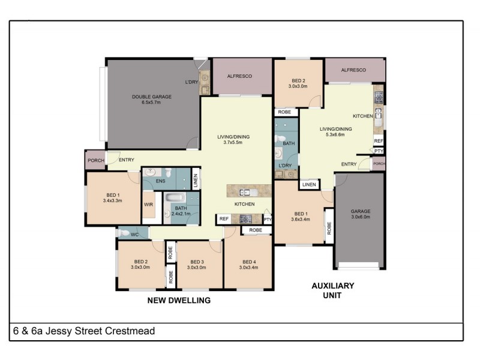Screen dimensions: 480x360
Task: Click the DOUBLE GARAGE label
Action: [x=152, y=97]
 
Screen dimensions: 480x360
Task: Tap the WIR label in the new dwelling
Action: [x=148, y=205]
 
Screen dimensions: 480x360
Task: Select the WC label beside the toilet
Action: [x=134, y=235]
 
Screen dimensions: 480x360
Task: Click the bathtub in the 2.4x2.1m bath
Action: [x=175, y=197]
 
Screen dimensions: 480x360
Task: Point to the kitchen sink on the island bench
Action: [x=248, y=192]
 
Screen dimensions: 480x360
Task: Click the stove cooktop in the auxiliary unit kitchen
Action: [x=379, y=97]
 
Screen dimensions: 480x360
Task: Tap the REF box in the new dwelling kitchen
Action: [x=224, y=219]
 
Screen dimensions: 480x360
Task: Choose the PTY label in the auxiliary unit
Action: [x=379, y=151]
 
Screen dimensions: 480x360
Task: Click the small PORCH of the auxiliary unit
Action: [x=379, y=164]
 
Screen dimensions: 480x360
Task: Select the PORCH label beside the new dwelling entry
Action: [x=96, y=160]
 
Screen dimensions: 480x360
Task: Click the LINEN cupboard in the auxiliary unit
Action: [x=309, y=185]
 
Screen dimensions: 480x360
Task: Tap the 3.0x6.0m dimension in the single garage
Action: [x=361, y=217]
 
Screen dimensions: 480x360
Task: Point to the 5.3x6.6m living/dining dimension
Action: [x=335, y=134]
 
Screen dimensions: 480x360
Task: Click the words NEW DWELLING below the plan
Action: [x=179, y=301]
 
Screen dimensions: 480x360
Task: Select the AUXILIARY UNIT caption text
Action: [x=333, y=290]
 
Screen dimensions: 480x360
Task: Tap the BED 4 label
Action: [x=249, y=262]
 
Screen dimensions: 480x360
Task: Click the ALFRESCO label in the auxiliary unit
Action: [x=353, y=70]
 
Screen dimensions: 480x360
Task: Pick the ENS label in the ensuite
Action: [x=160, y=181]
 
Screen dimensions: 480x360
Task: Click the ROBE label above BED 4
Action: [x=256, y=230]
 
